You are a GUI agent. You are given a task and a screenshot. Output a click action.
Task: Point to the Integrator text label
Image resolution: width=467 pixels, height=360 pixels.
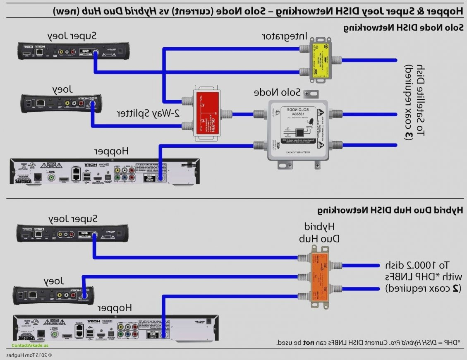point(285,36)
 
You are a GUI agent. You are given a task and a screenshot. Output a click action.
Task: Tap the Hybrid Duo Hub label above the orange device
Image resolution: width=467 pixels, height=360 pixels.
point(321,233)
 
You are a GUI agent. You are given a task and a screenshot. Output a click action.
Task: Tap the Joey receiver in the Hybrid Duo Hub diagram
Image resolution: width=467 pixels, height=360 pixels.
point(52,294)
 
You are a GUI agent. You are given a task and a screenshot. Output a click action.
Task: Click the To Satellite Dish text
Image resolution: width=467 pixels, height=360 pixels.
point(415,101)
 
